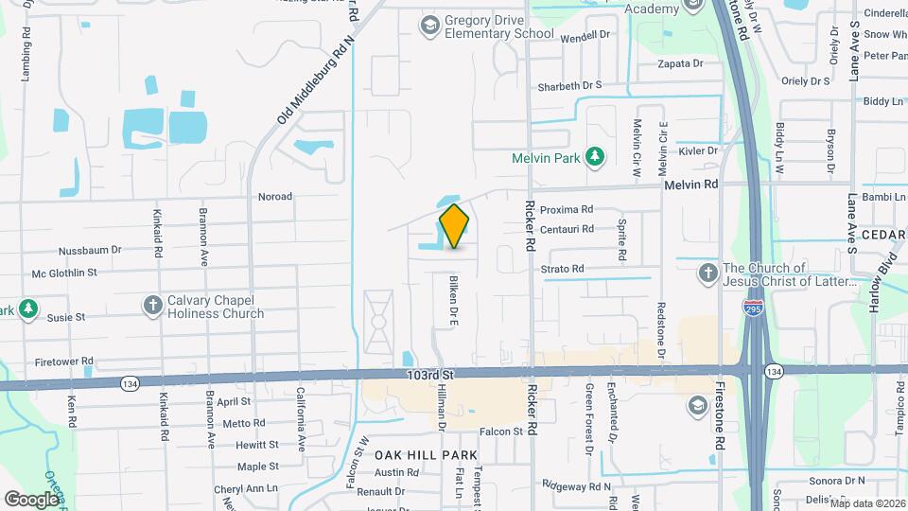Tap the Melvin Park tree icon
coord(595,156)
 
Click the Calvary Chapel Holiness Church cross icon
coord(152,306)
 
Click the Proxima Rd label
coord(567,209)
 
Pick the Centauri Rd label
coord(567,229)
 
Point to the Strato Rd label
coord(562,270)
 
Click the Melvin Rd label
coord(691,185)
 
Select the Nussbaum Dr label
coord(90,251)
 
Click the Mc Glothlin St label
coord(64,273)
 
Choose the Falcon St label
coord(501,432)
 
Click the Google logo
coord(31,499)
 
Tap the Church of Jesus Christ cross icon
coord(707,274)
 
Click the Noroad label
coord(275,197)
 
